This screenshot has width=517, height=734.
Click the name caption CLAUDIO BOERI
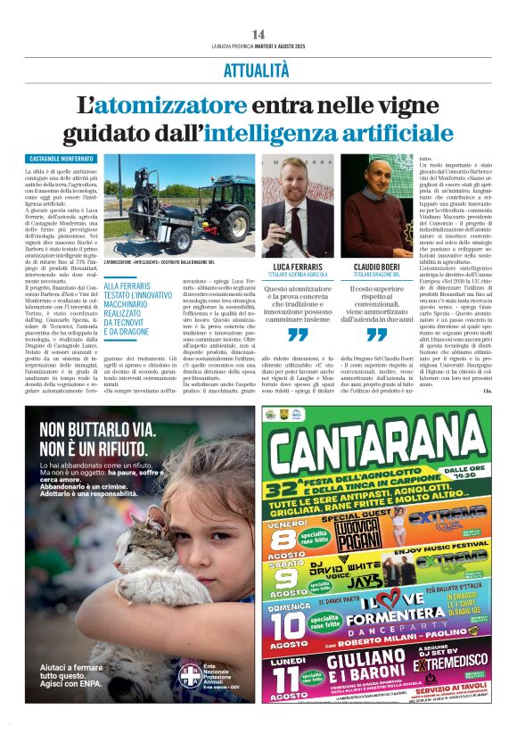coord(376,267)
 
